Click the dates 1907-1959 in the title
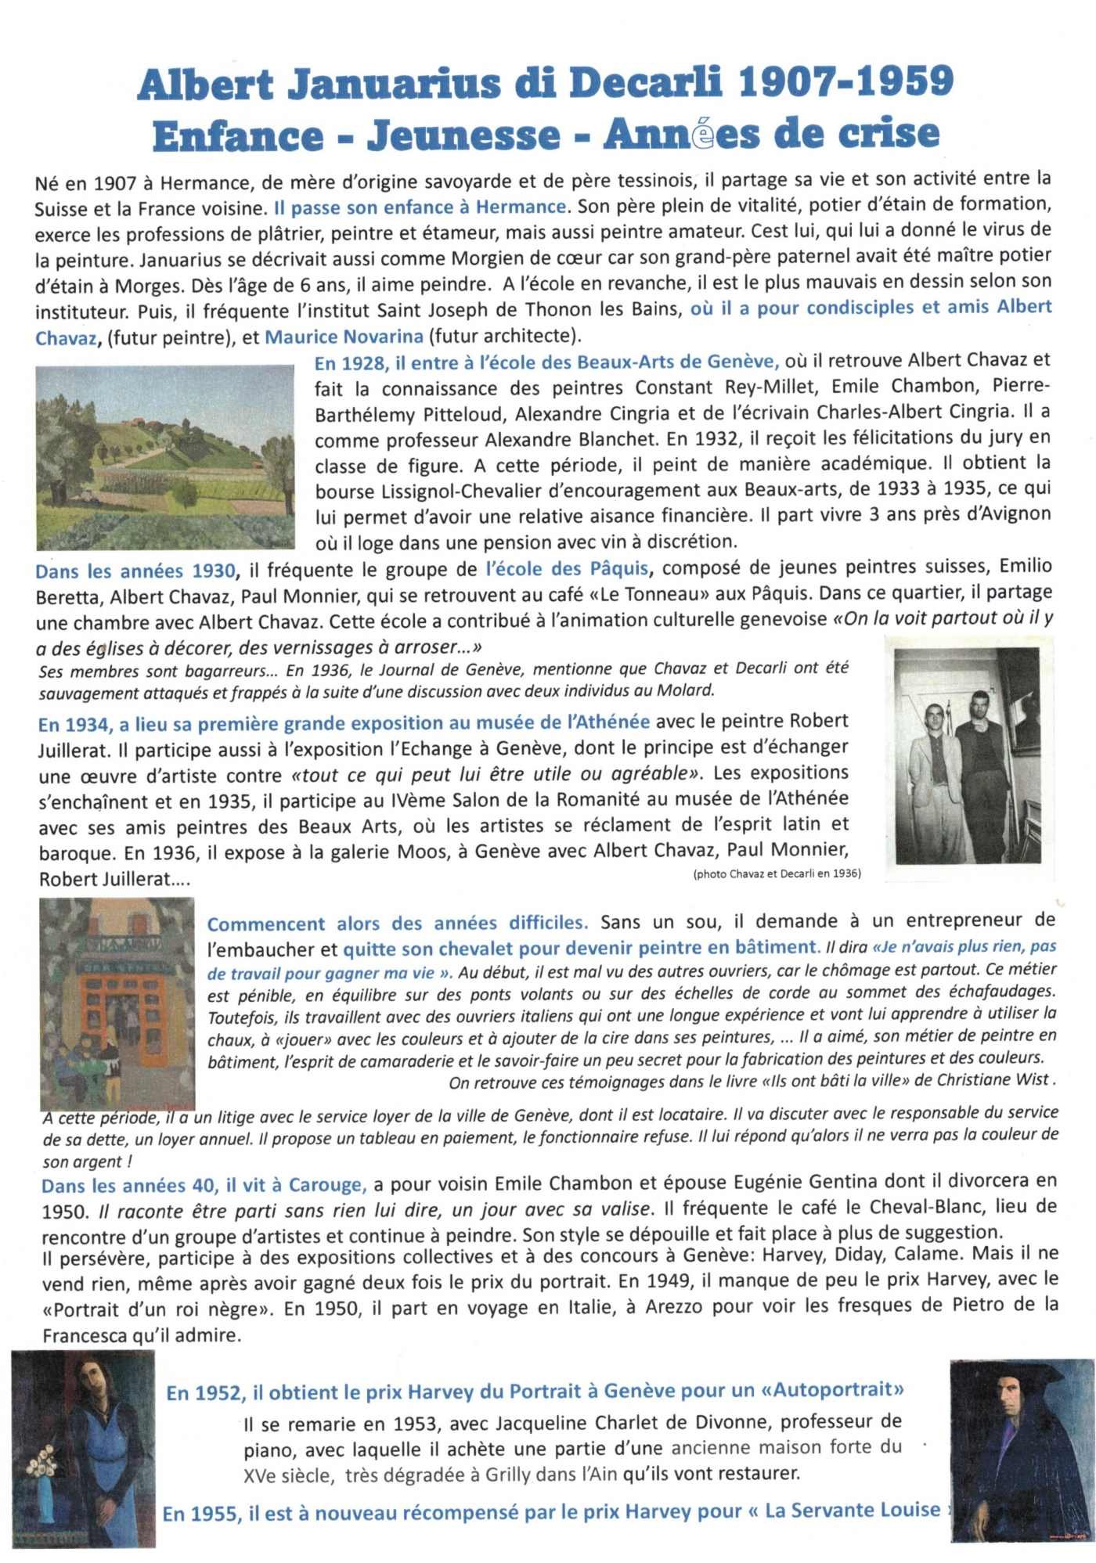(x=845, y=82)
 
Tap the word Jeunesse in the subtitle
(x=463, y=135)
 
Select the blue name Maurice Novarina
(x=344, y=337)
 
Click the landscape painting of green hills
(x=165, y=457)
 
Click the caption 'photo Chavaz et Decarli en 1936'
(x=777, y=873)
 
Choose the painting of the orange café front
(x=117, y=1002)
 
